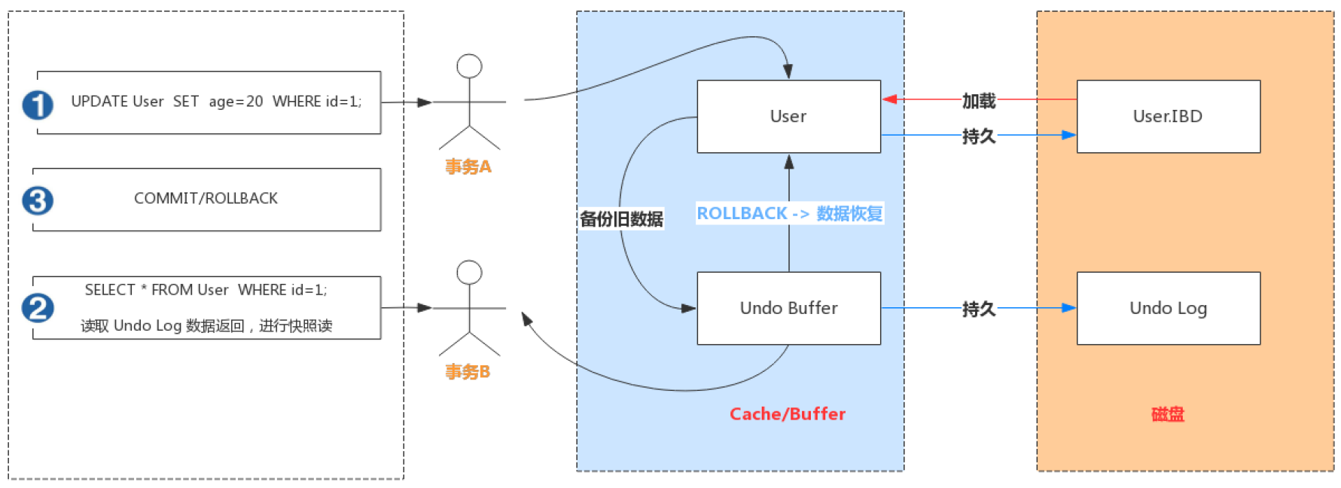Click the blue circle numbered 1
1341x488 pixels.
(x=38, y=105)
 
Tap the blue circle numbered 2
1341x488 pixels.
(x=38, y=308)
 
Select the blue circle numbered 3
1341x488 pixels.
(x=38, y=201)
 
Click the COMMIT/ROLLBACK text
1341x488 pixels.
(x=206, y=198)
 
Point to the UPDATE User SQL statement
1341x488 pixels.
(x=216, y=102)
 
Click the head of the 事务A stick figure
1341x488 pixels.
(x=469, y=66)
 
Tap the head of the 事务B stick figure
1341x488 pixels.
(x=469, y=272)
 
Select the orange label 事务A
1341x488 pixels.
(x=468, y=166)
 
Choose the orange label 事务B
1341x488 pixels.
(x=468, y=372)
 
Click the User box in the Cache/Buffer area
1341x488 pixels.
(x=788, y=117)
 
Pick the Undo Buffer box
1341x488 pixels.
(x=788, y=308)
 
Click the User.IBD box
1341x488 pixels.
(x=1168, y=117)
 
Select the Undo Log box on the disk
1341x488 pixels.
(x=1168, y=308)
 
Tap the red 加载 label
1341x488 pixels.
(x=979, y=100)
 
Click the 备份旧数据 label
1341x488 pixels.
(x=621, y=219)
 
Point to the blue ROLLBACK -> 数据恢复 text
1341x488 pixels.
(x=789, y=214)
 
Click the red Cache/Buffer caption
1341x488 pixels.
(x=788, y=414)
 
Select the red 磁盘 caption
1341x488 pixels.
(x=1168, y=414)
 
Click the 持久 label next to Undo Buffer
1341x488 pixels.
(x=979, y=309)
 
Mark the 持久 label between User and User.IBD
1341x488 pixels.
(x=979, y=136)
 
